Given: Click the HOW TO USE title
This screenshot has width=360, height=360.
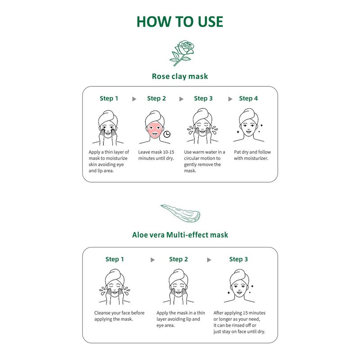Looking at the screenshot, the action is coord(180,22).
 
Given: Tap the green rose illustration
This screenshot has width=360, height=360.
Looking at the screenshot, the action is coord(182,53).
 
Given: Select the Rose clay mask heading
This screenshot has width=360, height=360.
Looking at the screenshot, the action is coord(180,76).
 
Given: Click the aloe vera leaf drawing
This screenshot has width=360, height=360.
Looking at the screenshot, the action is coord(180,213).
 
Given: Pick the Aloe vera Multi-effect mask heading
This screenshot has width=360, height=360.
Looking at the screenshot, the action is coord(180,235).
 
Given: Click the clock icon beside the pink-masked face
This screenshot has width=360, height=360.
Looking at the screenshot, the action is coord(167,134).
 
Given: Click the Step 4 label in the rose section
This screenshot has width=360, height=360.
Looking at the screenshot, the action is coord(248,99).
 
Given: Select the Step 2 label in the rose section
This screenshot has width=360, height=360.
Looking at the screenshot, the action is coord(156,99).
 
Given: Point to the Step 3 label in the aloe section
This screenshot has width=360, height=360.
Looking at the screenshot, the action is coord(238,259).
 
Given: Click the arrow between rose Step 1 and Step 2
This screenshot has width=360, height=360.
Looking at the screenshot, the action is coord(134,99).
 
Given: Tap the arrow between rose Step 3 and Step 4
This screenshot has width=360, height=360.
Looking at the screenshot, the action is coord(230,99).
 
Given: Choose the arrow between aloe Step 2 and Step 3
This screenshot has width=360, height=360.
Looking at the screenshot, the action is coord(209,260).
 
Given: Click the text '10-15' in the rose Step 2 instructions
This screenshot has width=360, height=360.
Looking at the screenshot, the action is coord(168,152).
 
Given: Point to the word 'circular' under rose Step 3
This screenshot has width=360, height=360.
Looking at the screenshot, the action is coord(193,158).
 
